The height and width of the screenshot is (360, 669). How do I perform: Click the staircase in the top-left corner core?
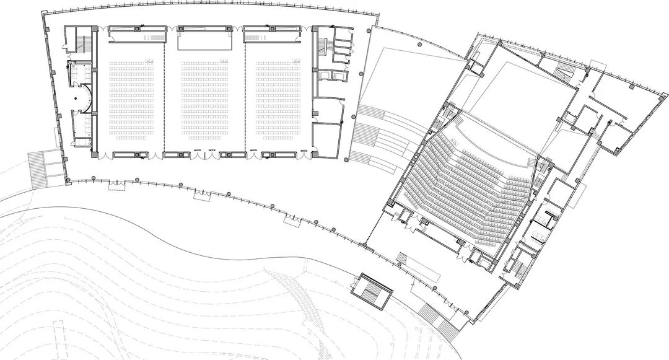(x=79, y=43)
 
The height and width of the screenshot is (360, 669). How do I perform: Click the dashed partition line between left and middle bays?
(x=165, y=93)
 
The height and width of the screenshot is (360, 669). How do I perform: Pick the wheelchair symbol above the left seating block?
(x=149, y=60)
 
